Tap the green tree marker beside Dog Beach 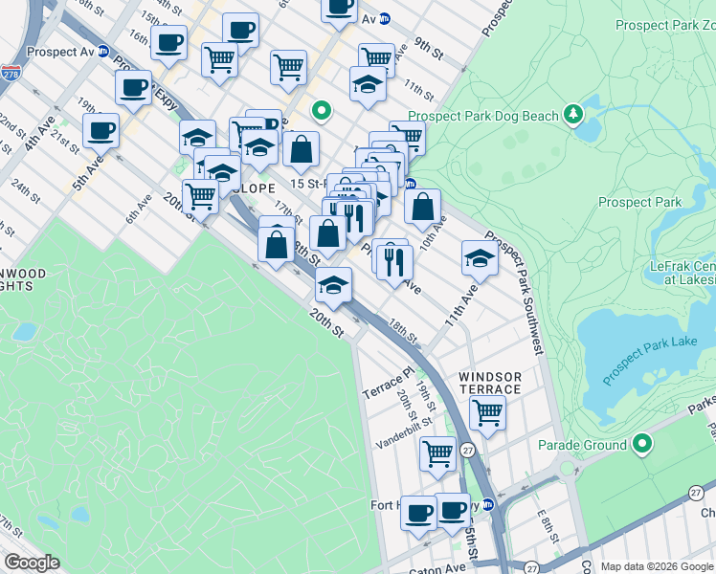pos(573,115)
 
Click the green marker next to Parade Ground pos(641,445)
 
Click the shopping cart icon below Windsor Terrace pos(487,414)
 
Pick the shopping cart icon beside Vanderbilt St pos(437,453)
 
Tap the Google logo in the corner pos(32,563)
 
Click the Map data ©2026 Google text pos(656,566)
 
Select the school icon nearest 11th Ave pos(480,257)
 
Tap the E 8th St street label pos(547,523)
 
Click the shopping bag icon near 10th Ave pos(422,206)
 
